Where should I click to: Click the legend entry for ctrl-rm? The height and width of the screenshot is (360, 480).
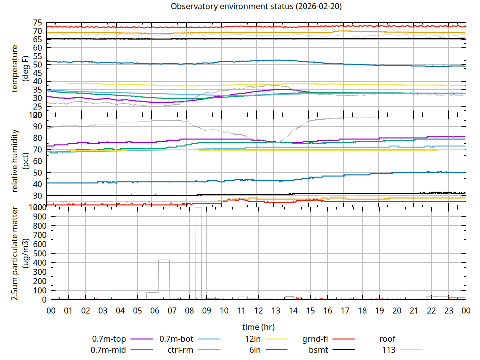[x=180, y=350]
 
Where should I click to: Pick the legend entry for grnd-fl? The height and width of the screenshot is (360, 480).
[x=315, y=339]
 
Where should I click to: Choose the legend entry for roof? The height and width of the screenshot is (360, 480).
[x=387, y=339]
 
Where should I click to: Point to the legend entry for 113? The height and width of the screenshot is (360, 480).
[x=389, y=350]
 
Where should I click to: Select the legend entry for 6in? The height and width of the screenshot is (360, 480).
[x=255, y=350]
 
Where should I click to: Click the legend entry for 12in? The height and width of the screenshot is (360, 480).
[x=253, y=339]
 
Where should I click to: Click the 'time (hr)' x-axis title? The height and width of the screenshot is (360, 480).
[x=258, y=327]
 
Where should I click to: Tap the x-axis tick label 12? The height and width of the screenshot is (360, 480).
[x=258, y=311]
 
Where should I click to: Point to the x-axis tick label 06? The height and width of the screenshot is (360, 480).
[x=155, y=311]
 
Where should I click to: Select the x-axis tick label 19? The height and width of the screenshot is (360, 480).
[x=379, y=311]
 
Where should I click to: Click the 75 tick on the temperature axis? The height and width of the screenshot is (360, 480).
[x=38, y=23]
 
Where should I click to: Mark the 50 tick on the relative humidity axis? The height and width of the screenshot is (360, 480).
[x=38, y=173]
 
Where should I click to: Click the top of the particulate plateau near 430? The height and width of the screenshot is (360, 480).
[x=164, y=260]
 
